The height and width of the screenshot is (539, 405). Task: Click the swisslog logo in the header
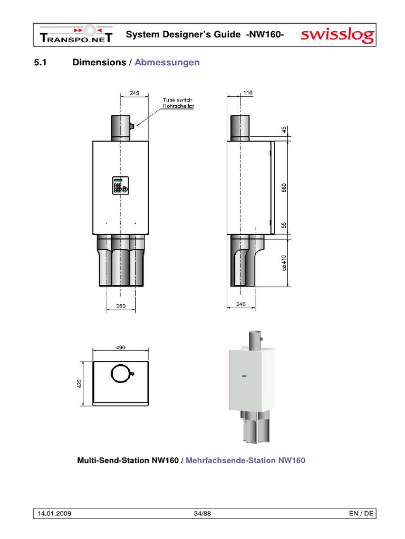coord(337,36)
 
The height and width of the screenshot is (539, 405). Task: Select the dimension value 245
coord(134,93)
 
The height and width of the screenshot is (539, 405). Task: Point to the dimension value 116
coord(247,93)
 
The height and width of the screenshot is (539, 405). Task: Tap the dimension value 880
coord(283,187)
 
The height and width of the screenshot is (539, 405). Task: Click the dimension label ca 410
coord(283,263)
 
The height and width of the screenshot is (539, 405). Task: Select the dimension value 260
coord(121,306)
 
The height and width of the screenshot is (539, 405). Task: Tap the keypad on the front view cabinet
coord(120,186)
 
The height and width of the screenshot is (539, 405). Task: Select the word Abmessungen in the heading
coord(167,63)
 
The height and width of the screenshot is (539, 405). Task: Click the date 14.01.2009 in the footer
coord(55,513)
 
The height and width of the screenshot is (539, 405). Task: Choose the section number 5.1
coord(41,63)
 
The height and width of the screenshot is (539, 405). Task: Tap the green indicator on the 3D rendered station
coord(244,375)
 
